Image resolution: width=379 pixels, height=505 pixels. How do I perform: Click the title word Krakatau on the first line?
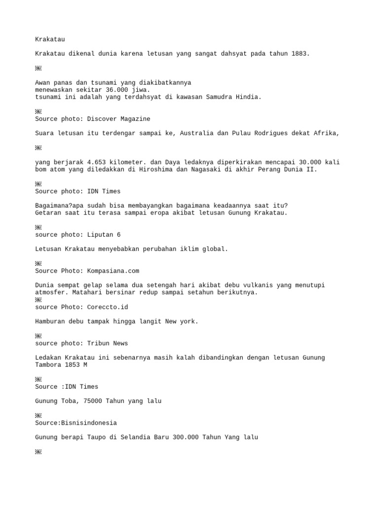[50, 39]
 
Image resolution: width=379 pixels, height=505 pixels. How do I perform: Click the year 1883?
[301, 54]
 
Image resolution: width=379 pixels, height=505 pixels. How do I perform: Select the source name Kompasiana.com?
[113, 271]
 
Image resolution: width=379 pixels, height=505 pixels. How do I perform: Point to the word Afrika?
[326, 133]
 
